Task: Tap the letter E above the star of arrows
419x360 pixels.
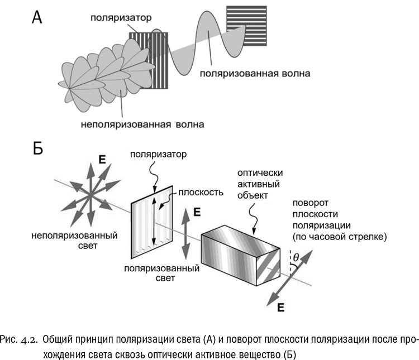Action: coord(102,161)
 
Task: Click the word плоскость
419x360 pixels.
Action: coord(201,193)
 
